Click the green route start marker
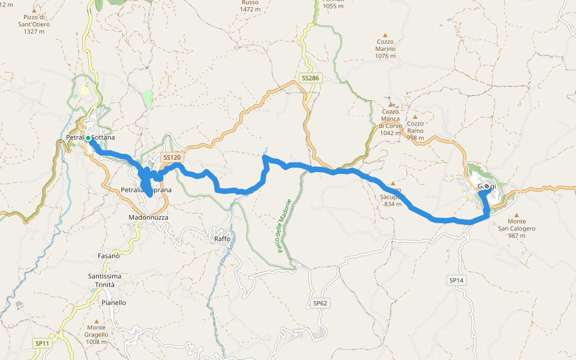point(88,138)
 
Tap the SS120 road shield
point(172,157)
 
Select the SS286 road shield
point(310,79)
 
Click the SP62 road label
point(320,303)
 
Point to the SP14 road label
point(456,280)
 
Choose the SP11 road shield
point(42,343)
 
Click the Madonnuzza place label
point(148,217)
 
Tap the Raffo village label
point(222,239)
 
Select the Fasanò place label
point(109,256)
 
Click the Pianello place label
point(114,303)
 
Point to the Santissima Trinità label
point(104,280)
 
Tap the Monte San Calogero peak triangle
point(516,214)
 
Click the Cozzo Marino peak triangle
point(385,35)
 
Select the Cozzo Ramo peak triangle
point(415,117)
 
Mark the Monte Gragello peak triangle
point(95,321)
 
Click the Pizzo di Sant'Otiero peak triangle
point(34,11)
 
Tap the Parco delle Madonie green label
point(284,226)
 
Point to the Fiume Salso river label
point(232,250)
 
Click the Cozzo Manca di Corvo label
point(391,118)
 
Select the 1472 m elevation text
point(250,9)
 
